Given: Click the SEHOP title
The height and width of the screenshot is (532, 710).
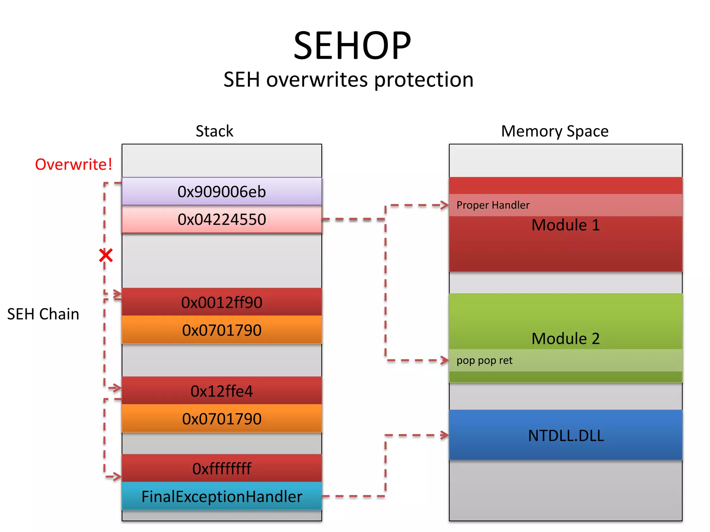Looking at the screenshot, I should (352, 46).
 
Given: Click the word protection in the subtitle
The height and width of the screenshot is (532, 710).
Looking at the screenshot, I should (424, 80).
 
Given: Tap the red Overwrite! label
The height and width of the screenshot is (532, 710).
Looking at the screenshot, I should (73, 164).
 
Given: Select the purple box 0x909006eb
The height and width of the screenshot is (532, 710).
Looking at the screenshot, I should (222, 192).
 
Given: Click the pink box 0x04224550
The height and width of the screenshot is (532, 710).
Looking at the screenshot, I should (222, 219).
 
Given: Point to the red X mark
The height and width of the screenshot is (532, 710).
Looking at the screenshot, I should (106, 256).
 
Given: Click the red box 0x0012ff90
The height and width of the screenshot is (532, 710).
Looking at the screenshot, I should (222, 302).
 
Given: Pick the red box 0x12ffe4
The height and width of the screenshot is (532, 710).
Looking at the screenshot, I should (222, 391).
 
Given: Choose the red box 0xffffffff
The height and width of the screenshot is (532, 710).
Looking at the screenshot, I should (222, 468).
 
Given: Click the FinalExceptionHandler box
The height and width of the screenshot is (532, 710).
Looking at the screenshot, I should (222, 496).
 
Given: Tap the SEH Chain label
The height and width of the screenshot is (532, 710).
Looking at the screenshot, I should (43, 314).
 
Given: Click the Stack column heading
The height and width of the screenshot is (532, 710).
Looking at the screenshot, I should (214, 131).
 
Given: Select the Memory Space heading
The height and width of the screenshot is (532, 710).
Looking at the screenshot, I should (555, 131).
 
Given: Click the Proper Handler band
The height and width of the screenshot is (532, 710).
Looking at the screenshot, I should (565, 205).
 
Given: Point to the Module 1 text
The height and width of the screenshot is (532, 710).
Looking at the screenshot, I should (565, 225).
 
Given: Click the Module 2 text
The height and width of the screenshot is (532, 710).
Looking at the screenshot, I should (565, 338).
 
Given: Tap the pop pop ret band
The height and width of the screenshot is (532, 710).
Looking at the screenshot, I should (565, 361).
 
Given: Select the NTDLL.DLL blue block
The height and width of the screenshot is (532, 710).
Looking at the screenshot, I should (565, 435).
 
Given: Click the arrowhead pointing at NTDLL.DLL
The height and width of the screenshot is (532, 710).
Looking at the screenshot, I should (445, 435).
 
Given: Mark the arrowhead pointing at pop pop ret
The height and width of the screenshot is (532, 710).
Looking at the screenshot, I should (445, 361).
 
